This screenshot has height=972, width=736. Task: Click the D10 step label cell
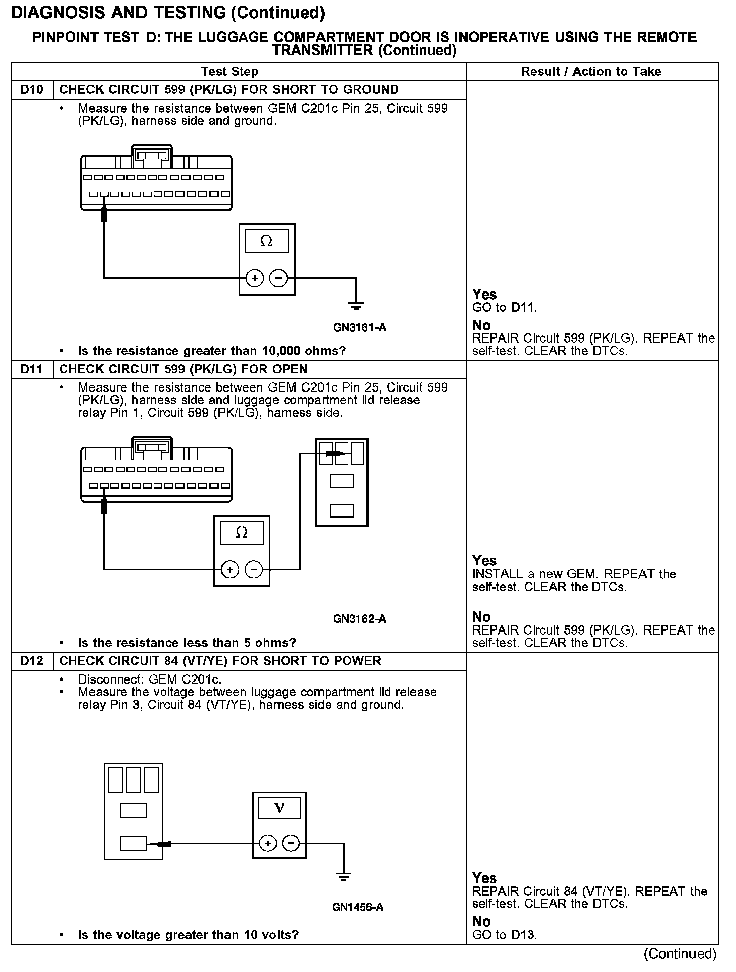[32, 90]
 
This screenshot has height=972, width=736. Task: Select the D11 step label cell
[32, 369]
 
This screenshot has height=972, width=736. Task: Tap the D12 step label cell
[32, 661]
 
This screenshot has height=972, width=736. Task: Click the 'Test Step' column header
[229, 72]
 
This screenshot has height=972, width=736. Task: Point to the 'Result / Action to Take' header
[591, 72]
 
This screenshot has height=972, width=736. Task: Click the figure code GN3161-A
[359, 328]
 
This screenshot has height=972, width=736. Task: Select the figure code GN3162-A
[359, 619]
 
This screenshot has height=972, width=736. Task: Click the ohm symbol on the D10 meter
[266, 241]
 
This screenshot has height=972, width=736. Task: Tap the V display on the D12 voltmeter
[279, 809]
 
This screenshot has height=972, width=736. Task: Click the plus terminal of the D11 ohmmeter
[230, 570]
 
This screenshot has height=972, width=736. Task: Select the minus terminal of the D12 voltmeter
[291, 843]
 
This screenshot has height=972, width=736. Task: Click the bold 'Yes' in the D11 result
[484, 561]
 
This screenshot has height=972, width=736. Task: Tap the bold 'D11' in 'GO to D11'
[523, 307]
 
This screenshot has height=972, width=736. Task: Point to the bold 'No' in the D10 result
[481, 325]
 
